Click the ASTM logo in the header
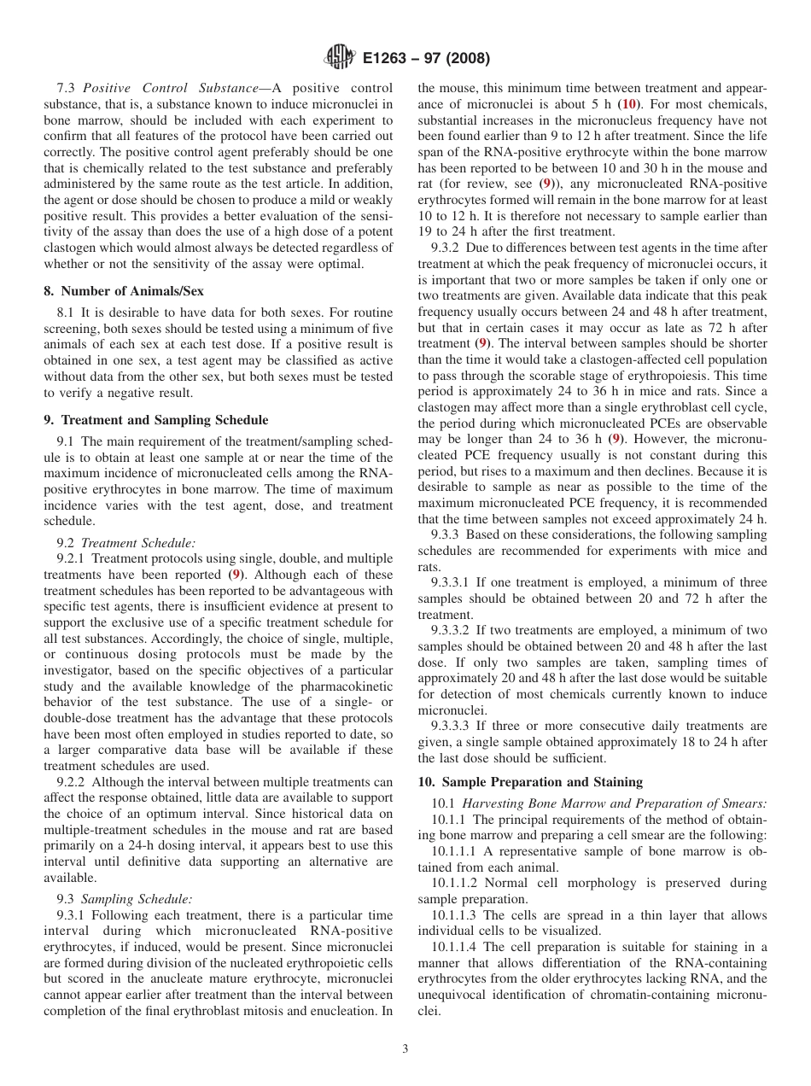(x=340, y=58)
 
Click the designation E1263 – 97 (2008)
(x=425, y=59)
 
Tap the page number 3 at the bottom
(x=405, y=1049)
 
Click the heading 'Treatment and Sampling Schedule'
(x=156, y=420)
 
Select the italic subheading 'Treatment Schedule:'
(x=138, y=543)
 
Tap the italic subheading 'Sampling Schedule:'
(x=137, y=898)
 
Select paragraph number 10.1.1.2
(x=456, y=883)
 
